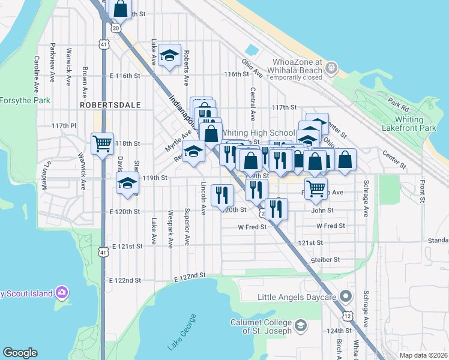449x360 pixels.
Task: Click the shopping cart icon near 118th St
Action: [x=102, y=143]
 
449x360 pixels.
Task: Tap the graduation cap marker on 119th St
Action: [x=127, y=183]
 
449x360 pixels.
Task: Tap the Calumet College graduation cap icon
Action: [x=301, y=326]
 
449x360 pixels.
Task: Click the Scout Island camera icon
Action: [x=61, y=293]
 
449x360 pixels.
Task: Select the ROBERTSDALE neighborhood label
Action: [x=110, y=105]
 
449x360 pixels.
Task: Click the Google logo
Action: [x=20, y=353]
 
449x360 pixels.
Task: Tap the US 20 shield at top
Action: [x=115, y=27]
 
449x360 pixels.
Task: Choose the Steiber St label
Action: [x=326, y=260]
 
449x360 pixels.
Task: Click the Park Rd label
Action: [x=398, y=105]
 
